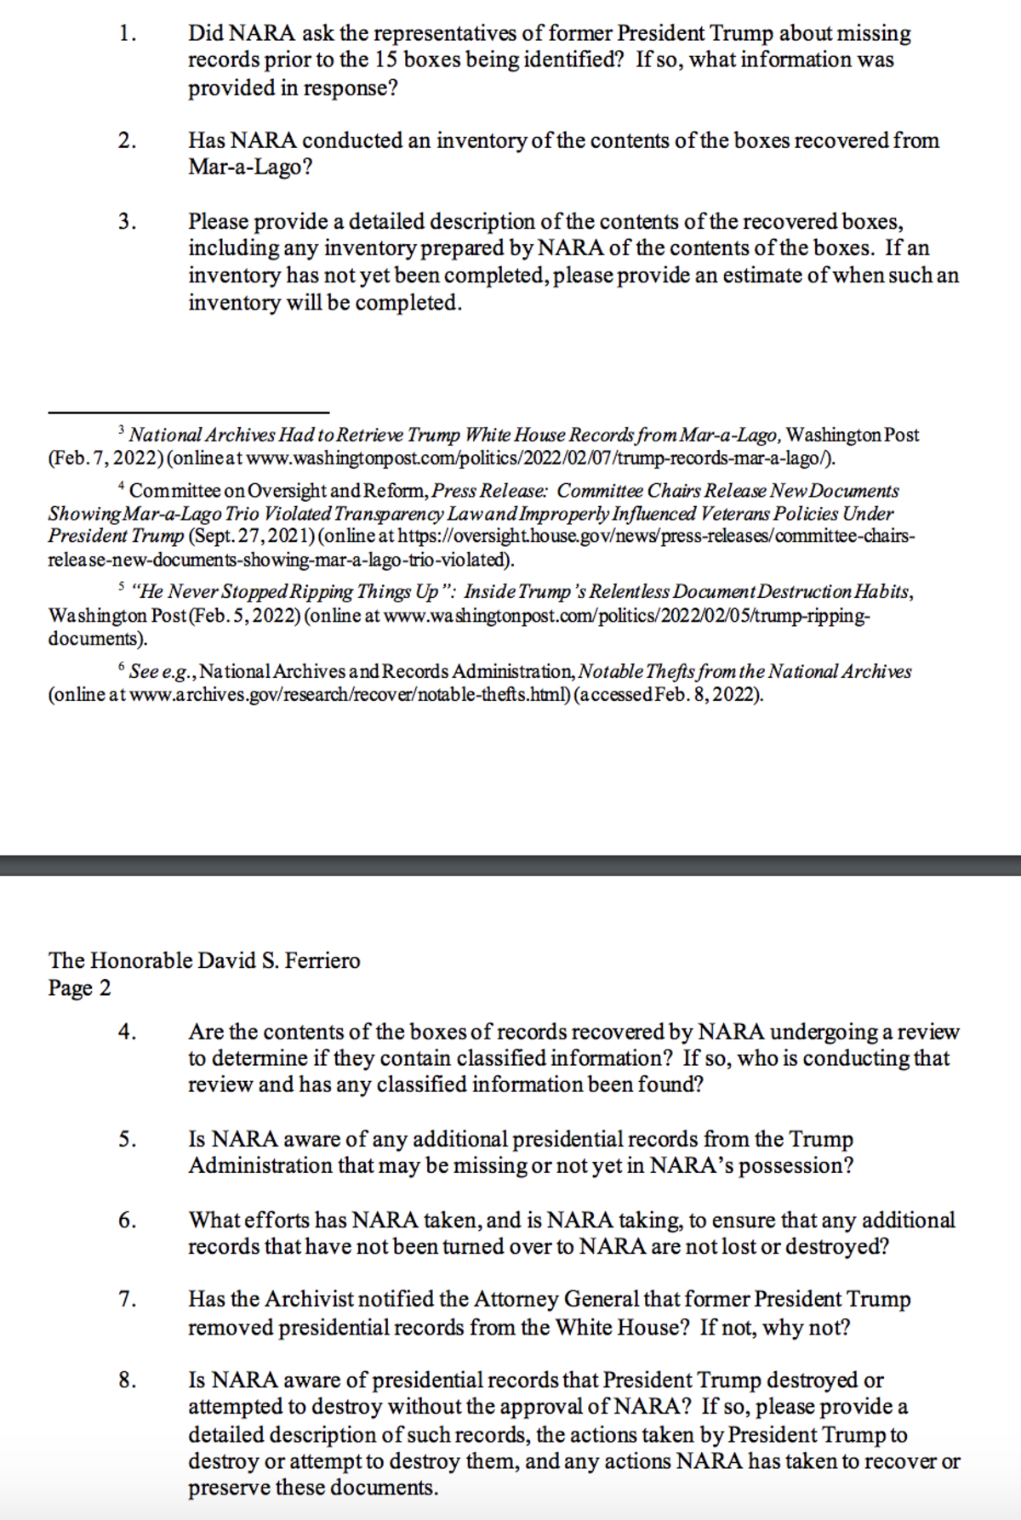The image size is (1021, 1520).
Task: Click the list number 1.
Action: point(127,34)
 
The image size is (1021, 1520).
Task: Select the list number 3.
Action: point(127,222)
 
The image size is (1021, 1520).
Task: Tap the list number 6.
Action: point(127,1221)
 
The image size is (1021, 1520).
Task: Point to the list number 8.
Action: point(127,1381)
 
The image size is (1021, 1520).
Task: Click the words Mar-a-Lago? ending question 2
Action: point(250,167)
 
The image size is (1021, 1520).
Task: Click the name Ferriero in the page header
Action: point(322,961)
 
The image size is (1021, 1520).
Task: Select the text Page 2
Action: point(79,988)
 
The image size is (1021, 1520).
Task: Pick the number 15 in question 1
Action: point(385,60)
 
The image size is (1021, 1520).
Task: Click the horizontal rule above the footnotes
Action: point(188,413)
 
